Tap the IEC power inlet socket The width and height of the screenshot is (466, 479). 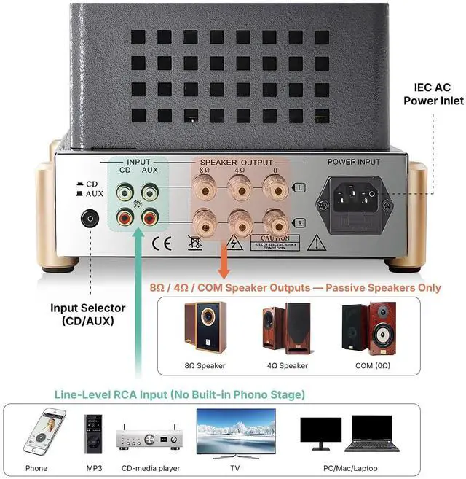353,198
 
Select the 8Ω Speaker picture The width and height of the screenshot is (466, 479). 205,328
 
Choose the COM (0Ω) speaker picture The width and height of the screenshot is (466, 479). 369,328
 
